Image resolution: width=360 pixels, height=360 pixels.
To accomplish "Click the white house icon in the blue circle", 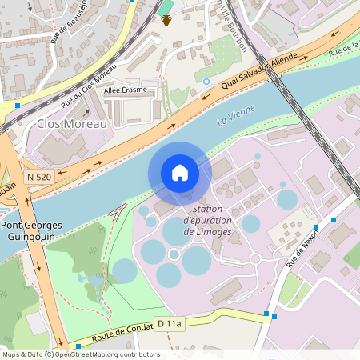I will pos(180,173).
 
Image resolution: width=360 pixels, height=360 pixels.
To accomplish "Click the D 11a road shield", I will pos(170,323).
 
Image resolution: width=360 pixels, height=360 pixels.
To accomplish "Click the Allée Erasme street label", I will pos(126,90).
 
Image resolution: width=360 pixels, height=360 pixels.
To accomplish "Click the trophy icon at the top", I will pos(166,19).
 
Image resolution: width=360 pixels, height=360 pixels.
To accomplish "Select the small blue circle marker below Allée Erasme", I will pos(206,81).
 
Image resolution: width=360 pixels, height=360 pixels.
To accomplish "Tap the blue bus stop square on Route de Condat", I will pos(274,316).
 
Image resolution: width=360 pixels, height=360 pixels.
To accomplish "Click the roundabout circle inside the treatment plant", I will pos(255,258).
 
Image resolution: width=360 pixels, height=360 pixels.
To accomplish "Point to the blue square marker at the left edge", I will pos(18,105).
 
